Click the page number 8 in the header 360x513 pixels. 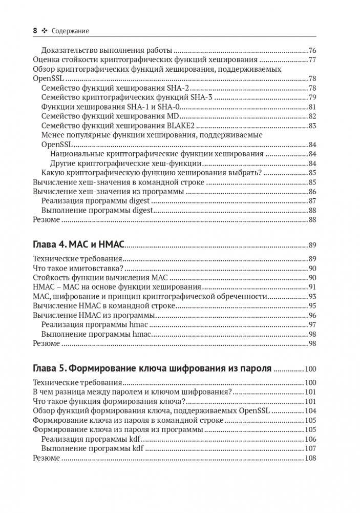[x=35, y=31]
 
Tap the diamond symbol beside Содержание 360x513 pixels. [x=45, y=31]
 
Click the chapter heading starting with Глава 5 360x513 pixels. [x=152, y=368]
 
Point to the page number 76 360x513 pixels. [x=312, y=50]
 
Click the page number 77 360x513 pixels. [x=312, y=60]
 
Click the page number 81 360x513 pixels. [x=312, y=107]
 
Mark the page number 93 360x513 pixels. [x=312, y=297]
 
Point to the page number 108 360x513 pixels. [x=310, y=458]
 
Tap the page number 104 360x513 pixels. [x=310, y=411]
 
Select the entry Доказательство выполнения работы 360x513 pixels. [x=107, y=50]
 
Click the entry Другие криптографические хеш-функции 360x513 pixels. [x=125, y=163]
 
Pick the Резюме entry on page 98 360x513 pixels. [x=46, y=343]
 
